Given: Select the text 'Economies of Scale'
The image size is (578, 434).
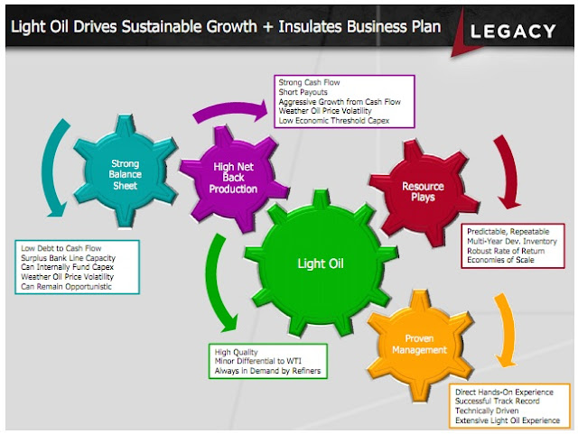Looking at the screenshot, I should tap(500, 261).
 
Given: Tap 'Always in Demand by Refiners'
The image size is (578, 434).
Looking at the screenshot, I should tap(269, 370).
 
